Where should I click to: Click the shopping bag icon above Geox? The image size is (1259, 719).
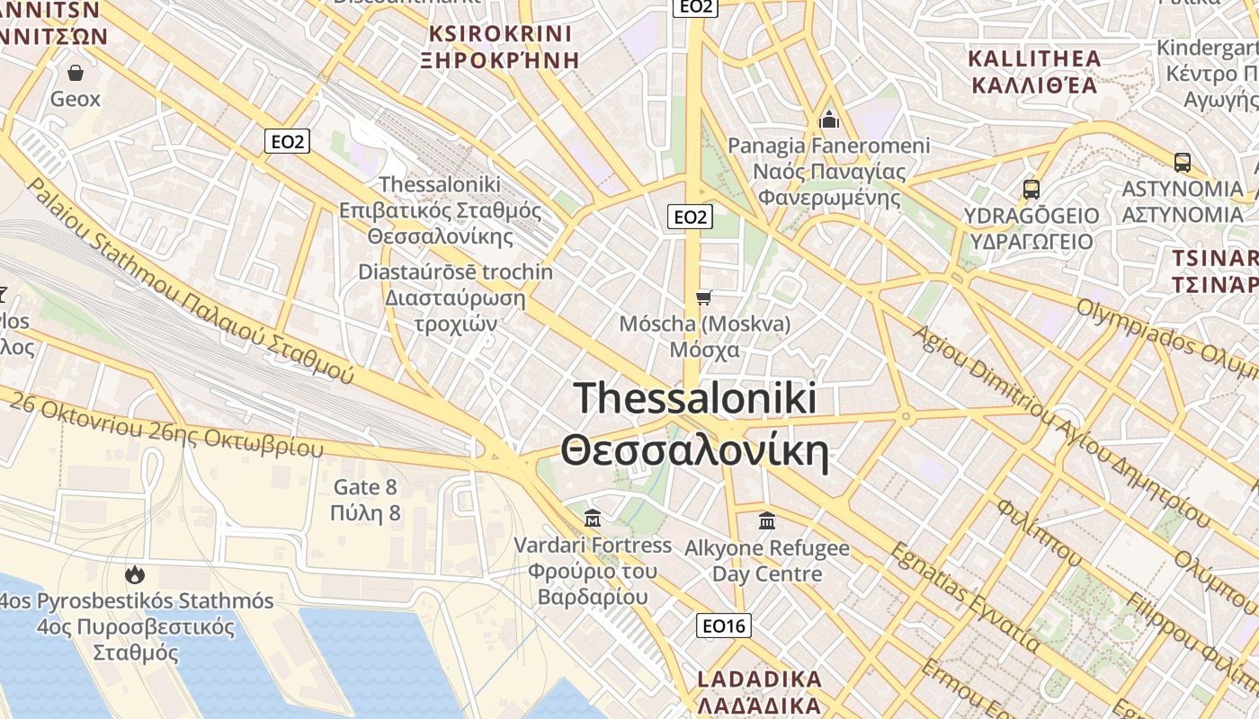(75, 72)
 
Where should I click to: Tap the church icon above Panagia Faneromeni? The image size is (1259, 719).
(828, 119)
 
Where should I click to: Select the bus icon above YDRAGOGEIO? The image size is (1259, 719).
(1031, 190)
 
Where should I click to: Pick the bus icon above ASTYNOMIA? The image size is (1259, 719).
(1182, 163)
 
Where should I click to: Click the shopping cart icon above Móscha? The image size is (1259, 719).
(703, 297)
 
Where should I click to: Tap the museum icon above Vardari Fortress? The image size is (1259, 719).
(593, 519)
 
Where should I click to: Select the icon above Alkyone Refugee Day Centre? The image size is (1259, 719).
(767, 520)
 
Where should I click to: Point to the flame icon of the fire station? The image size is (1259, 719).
(136, 574)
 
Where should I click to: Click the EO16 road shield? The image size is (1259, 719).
(724, 626)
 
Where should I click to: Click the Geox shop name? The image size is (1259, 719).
(76, 99)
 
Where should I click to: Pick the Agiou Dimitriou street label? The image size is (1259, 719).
(1061, 422)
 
